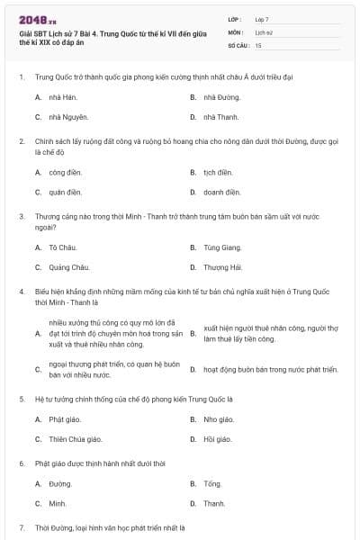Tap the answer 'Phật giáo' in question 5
(65, 419)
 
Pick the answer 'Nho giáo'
(219, 419)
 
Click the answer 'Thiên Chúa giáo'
(76, 439)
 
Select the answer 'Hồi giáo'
(218, 439)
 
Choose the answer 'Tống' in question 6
(212, 483)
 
